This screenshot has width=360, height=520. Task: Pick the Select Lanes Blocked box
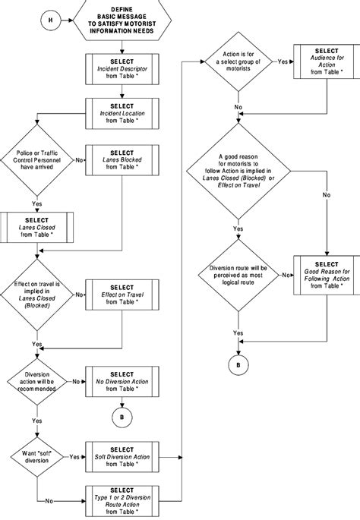pos(122,160)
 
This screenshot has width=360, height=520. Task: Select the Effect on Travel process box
pos(122,295)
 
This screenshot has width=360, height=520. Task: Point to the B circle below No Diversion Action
pos(122,416)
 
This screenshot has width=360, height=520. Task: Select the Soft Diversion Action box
pos(122,457)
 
